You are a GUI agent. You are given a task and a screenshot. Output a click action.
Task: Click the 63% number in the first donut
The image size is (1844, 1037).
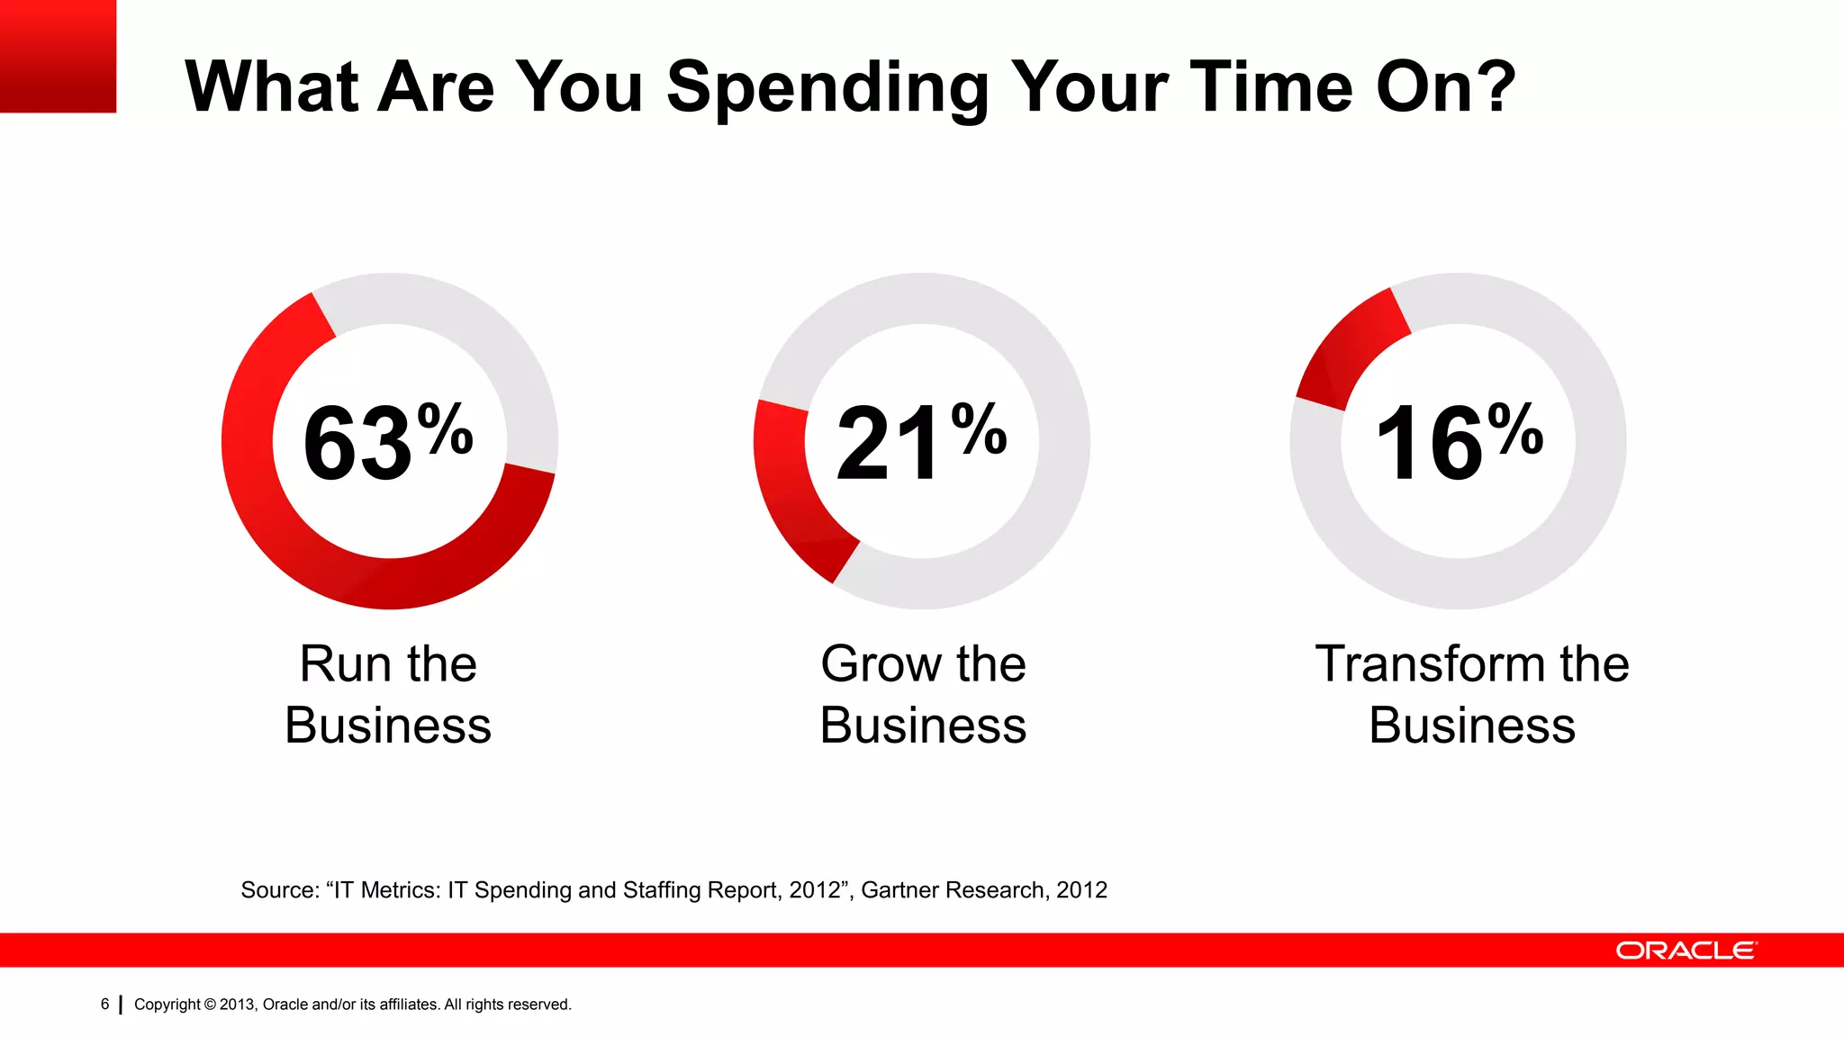(387, 442)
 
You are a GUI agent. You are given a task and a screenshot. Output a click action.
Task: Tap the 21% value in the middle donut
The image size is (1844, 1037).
(920, 442)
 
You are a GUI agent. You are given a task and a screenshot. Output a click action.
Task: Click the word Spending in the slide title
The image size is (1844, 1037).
(827, 88)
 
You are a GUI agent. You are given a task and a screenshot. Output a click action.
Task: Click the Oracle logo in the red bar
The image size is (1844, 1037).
(1686, 951)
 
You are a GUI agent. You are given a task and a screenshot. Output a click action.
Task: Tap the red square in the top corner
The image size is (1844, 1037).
(58, 56)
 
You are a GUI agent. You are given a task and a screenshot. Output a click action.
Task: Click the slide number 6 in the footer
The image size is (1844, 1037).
(104, 1004)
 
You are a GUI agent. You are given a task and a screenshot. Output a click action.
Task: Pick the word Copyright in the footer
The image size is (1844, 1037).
(167, 1005)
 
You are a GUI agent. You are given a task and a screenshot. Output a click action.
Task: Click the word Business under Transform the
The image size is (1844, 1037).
(1471, 726)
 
